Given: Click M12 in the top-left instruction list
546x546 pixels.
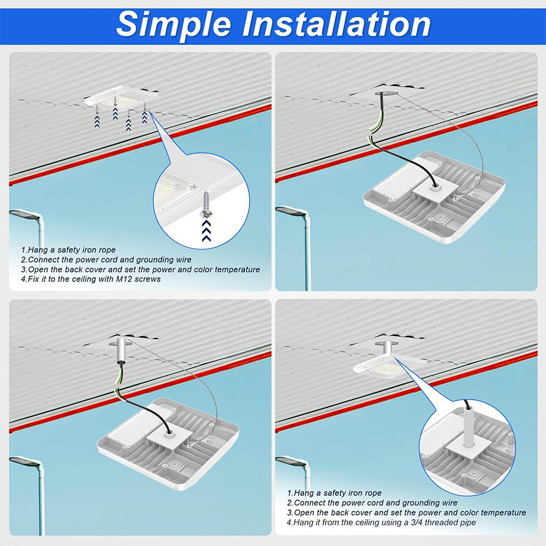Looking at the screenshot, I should coord(124,279).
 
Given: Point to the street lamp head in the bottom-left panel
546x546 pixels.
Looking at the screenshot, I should coord(25,462).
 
